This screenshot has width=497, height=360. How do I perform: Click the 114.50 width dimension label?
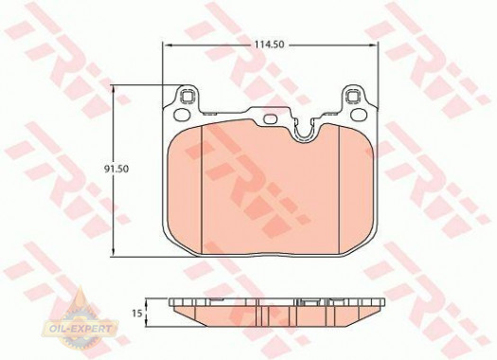pos(269,45)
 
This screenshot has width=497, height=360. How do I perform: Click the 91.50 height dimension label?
pos(116,169)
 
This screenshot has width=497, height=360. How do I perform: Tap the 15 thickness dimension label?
pos(136,314)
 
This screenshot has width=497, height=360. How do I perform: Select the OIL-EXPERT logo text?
pos(80,329)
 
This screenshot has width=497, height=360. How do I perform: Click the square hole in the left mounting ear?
pos(186,96)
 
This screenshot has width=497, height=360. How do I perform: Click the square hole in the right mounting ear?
pos(353,96)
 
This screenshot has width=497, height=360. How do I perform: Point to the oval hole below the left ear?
pos(183,115)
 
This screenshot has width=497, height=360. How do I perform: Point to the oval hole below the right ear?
pos(359,115)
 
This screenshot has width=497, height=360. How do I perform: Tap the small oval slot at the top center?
pos(271,118)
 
